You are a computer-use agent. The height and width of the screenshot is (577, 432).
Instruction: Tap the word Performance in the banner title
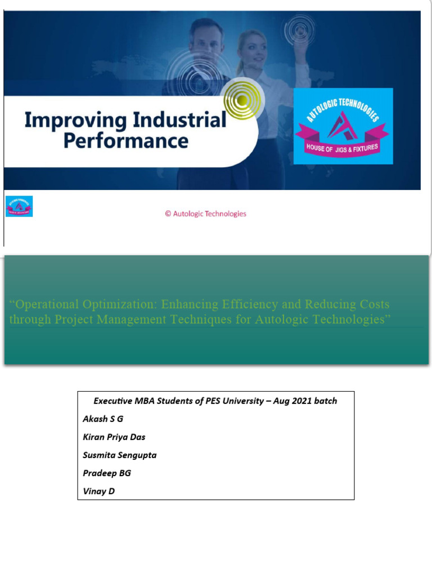point(125,140)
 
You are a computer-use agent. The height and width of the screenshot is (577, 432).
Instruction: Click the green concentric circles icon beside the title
point(242,101)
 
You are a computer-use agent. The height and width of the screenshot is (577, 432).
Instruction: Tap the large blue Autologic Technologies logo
point(343,126)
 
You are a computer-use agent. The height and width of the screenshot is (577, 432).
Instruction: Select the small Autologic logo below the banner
point(19,206)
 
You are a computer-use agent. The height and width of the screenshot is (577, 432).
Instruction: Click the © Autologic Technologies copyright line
point(205,214)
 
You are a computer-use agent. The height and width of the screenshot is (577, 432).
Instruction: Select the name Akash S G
point(102,419)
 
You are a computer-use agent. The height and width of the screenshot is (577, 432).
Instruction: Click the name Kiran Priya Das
point(114,437)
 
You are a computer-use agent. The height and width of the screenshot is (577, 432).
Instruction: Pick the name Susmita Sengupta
point(119,455)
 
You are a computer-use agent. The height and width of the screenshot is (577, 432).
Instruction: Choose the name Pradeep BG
point(106,473)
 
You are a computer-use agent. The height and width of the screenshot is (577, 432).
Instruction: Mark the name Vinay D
point(98,491)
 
